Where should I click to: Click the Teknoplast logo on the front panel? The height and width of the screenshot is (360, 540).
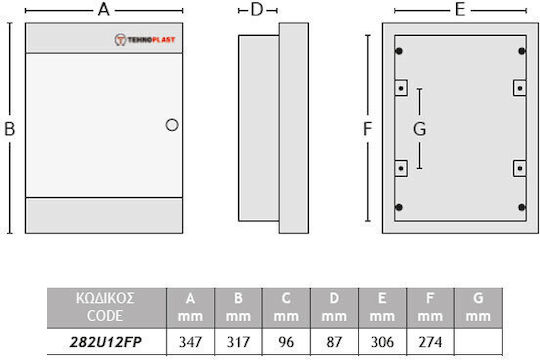tap(145, 40)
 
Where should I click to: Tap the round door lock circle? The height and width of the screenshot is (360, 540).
tap(172, 125)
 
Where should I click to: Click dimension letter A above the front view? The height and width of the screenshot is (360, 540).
tap(104, 10)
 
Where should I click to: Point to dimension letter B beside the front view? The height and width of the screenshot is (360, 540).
tap(10, 129)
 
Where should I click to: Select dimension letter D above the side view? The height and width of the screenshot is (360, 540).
tap(257, 10)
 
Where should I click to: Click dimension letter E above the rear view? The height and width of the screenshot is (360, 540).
tap(460, 10)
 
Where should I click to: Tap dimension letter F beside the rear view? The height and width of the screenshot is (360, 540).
tap(368, 129)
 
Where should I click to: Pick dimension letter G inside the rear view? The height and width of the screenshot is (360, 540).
tap(419, 129)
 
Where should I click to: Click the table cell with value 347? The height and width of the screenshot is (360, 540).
tap(190, 342)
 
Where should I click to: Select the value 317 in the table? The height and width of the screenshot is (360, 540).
tap(238, 342)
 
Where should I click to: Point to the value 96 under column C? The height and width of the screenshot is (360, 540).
tap(286, 342)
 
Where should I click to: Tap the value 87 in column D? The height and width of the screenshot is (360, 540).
tap(334, 342)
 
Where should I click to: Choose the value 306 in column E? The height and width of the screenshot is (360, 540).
tap(382, 342)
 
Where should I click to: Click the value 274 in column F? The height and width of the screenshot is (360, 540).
tap(430, 342)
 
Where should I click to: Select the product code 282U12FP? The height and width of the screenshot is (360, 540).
tap(106, 342)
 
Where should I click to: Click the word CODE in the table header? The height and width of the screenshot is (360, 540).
tap(105, 316)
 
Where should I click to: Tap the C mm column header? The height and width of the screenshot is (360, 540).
tap(286, 307)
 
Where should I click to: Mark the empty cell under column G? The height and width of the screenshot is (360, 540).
tap(478, 342)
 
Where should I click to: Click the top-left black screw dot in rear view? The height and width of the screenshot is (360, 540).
tap(399, 51)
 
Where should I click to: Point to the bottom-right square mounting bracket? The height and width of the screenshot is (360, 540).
tap(520, 168)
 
